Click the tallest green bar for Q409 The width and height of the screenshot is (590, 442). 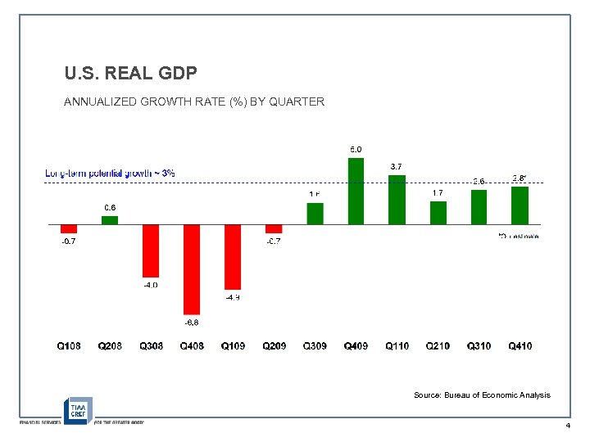(x=356, y=191)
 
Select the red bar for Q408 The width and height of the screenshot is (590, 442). (x=192, y=268)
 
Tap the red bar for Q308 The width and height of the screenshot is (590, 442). (x=151, y=250)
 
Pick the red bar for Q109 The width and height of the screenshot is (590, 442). (x=233, y=256)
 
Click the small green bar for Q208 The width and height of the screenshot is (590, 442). (x=110, y=219)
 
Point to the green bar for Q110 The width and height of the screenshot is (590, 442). (x=397, y=199)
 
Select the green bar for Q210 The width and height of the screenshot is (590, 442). (x=438, y=212)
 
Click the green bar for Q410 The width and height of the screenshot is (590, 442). (x=520, y=205)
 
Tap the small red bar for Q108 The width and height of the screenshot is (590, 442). (x=69, y=228)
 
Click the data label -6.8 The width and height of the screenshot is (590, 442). (x=192, y=322)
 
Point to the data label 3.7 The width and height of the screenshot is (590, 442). (x=397, y=167)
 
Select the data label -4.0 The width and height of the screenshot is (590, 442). (x=151, y=285)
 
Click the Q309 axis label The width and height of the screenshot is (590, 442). (x=315, y=346)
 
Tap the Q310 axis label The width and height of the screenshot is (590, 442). (x=479, y=346)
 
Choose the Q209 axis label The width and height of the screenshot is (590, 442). (x=275, y=346)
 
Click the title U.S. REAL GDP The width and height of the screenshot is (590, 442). (x=130, y=74)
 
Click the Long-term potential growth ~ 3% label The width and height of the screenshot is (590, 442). (x=110, y=174)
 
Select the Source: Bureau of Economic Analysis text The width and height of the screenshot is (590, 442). (x=482, y=395)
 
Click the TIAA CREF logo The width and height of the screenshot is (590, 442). (x=79, y=408)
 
